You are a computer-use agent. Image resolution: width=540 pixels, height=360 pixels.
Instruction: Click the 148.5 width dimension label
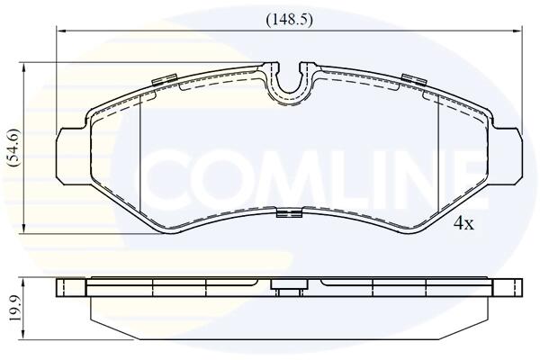[x=289, y=20]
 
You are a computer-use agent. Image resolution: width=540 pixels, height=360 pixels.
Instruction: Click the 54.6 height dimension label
[x=15, y=148]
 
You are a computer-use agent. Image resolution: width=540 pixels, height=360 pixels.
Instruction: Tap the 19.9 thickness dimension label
[x=15, y=308]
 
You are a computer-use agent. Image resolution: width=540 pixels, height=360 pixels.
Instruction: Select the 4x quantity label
[x=463, y=224]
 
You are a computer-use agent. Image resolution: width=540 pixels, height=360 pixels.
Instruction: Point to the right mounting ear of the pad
[x=508, y=155]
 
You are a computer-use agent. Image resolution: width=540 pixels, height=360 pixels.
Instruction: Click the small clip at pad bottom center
[x=289, y=213]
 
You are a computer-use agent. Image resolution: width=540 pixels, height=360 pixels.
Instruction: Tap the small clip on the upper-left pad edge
[x=165, y=79]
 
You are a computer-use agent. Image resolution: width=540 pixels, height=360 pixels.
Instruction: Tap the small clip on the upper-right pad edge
[x=414, y=79]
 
